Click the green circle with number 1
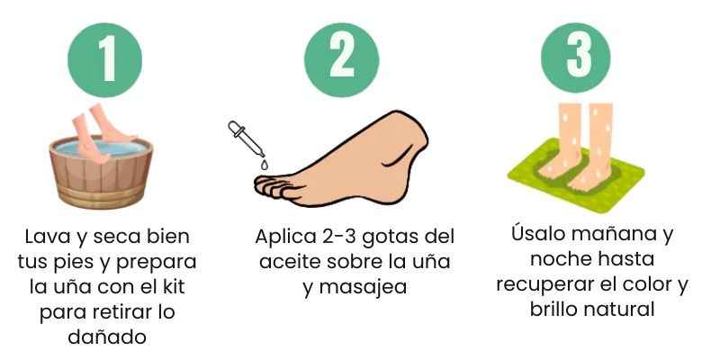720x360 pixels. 104,59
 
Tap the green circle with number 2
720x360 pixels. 342,59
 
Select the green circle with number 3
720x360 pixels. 576,58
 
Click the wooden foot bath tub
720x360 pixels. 101,173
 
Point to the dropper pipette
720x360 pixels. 246,139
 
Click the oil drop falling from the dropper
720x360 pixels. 264,164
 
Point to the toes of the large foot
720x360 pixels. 274,187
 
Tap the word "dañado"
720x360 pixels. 107,337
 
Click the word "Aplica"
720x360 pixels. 283,238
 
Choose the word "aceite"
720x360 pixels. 289,262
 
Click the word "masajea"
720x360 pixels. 363,287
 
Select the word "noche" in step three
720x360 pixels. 559,259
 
